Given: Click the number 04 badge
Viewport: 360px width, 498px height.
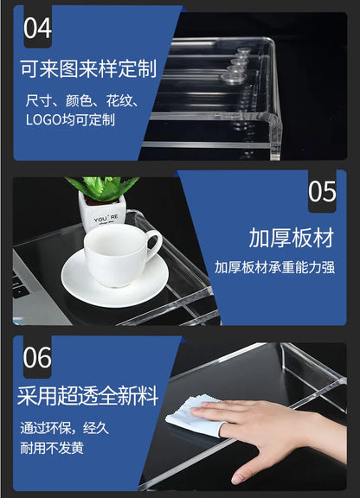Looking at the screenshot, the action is [x=37, y=28].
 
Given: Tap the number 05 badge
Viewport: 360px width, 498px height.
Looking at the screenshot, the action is [x=322, y=191].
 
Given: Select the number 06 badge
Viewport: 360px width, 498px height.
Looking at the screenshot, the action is [x=37, y=357].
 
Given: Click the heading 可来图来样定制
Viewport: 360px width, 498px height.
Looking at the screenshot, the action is [x=89, y=68].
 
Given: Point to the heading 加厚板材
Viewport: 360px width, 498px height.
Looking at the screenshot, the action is [x=292, y=238].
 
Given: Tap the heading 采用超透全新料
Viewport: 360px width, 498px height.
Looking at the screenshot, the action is [x=87, y=396].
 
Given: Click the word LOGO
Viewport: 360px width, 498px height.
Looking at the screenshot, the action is [x=43, y=119].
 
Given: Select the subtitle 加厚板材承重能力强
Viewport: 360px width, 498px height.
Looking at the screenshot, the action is [x=275, y=267].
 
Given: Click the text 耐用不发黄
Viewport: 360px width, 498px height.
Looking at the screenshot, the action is [x=52, y=448].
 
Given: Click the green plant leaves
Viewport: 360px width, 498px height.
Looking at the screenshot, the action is [x=102, y=188].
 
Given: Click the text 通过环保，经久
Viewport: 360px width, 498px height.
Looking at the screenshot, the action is [x=65, y=428].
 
